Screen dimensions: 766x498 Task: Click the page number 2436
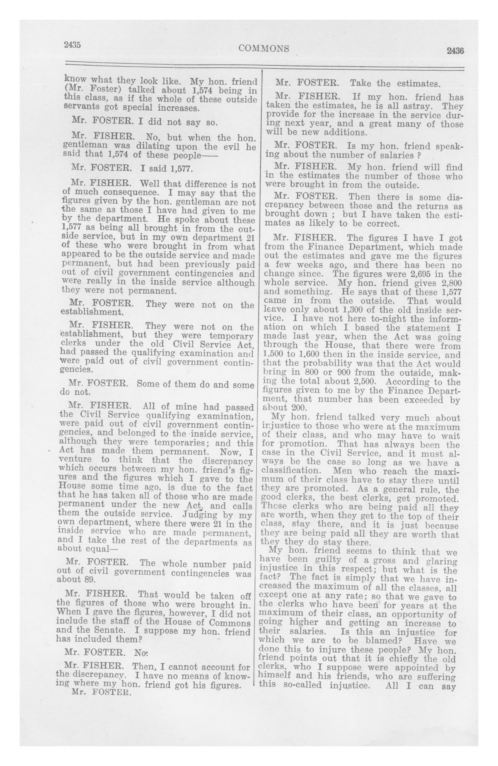click(455, 51)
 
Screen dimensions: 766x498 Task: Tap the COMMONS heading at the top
click(264, 48)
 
